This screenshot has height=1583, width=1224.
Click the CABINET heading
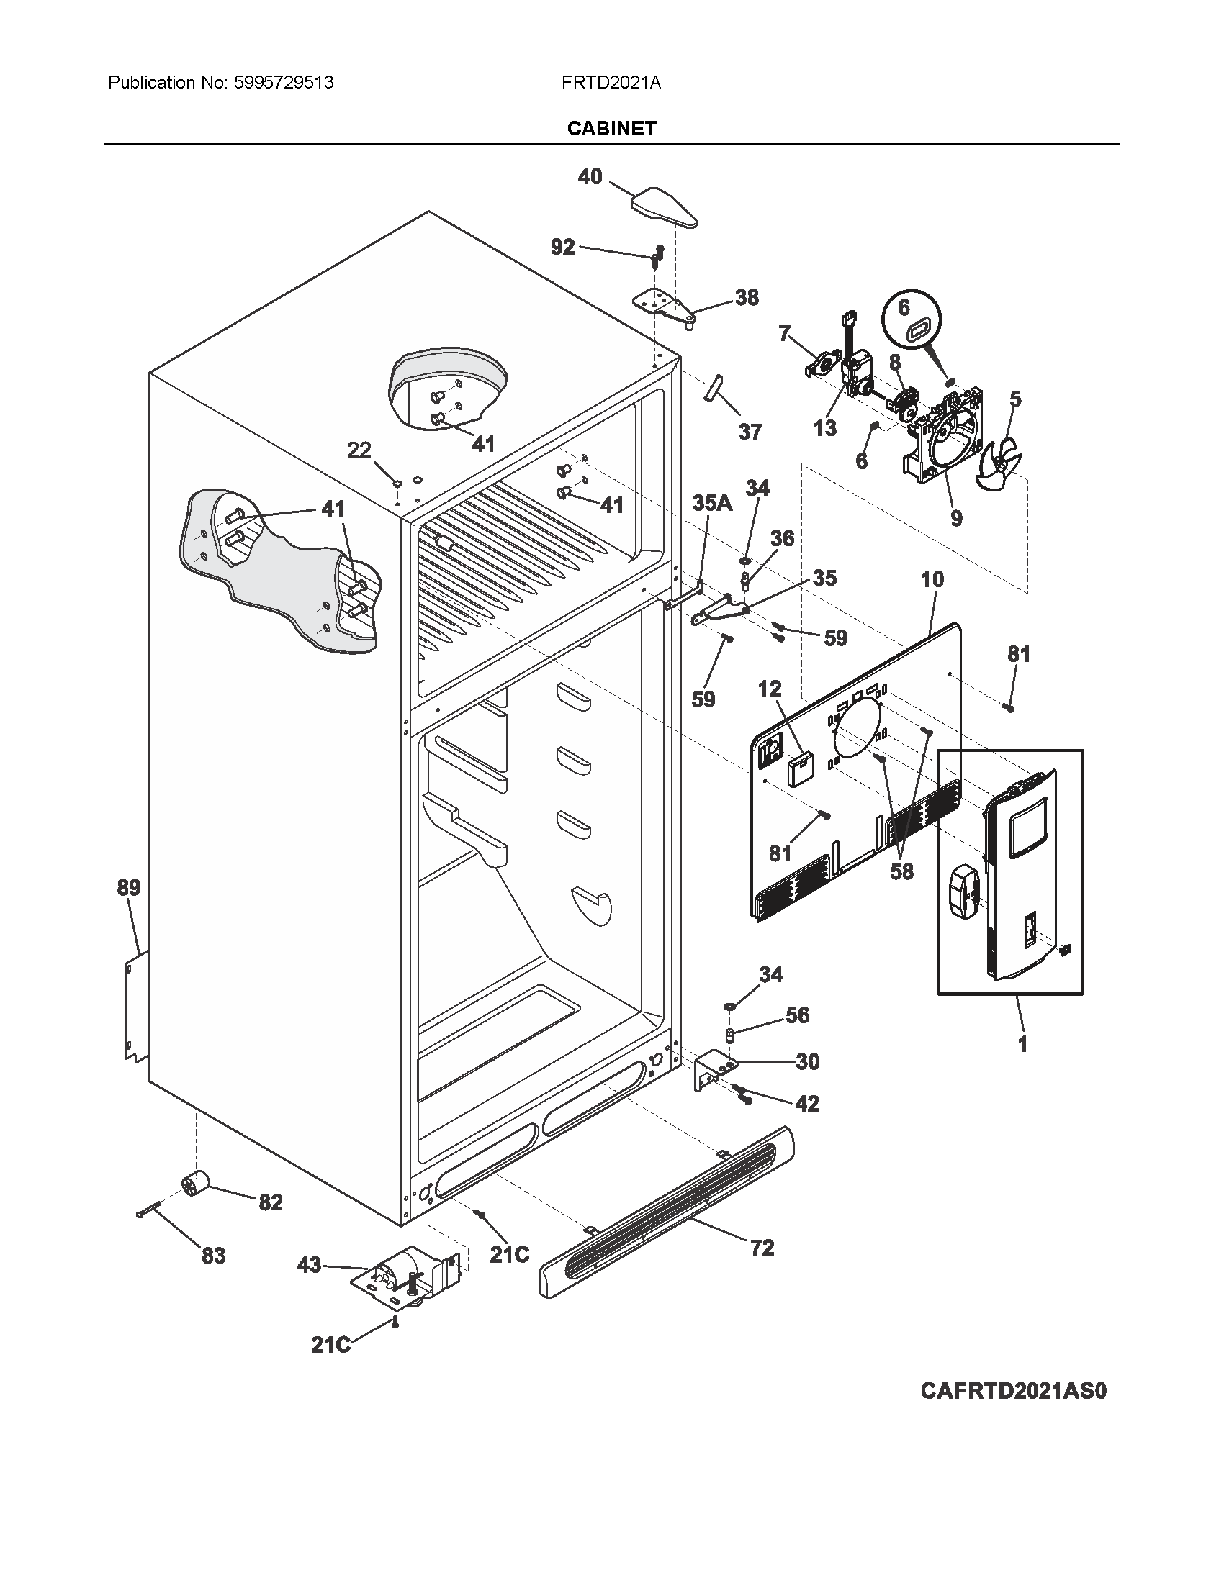(611, 128)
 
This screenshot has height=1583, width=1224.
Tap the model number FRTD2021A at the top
(611, 83)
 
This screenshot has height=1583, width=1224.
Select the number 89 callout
(129, 887)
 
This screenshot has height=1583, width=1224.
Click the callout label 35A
(712, 503)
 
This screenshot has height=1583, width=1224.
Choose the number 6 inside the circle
(904, 307)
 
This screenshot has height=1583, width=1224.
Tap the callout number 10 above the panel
(932, 579)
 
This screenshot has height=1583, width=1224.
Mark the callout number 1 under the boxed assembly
(1022, 1045)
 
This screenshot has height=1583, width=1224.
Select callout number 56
(797, 1015)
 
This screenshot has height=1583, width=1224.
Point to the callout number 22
(359, 450)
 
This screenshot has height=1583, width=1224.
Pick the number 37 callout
(750, 432)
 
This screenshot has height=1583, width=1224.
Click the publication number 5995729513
(284, 83)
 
